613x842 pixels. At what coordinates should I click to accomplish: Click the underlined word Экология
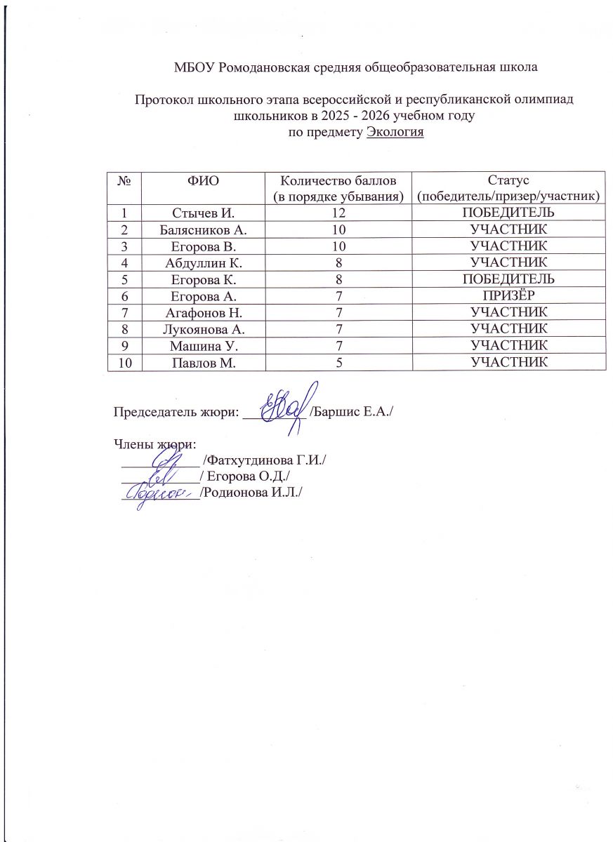pyautogui.click(x=395, y=133)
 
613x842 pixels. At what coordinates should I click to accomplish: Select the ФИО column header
pyautogui.click(x=204, y=180)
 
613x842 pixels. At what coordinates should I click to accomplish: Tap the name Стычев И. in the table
pyautogui.click(x=204, y=212)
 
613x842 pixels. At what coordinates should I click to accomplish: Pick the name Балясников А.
pyautogui.click(x=204, y=229)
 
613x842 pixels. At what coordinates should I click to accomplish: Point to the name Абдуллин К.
pyautogui.click(x=204, y=262)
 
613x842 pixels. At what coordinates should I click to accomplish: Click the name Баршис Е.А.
pyautogui.click(x=351, y=408)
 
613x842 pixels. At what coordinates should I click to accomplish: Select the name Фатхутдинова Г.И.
pyautogui.click(x=265, y=460)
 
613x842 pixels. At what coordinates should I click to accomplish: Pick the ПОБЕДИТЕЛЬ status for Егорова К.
pyautogui.click(x=509, y=279)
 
